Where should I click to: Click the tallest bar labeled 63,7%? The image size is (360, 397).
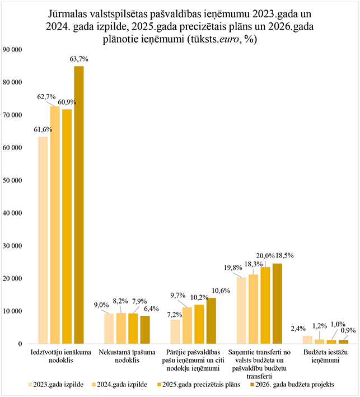79,204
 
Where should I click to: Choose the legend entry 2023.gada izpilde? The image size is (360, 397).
55,385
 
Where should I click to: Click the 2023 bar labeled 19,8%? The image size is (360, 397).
241,310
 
